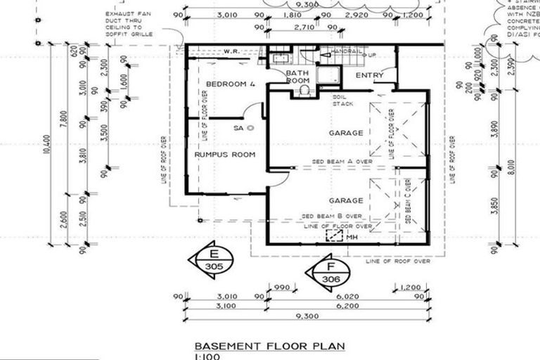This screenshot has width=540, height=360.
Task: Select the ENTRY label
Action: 369,75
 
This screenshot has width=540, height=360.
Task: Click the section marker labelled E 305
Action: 210,259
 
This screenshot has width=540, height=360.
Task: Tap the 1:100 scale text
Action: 208,356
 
